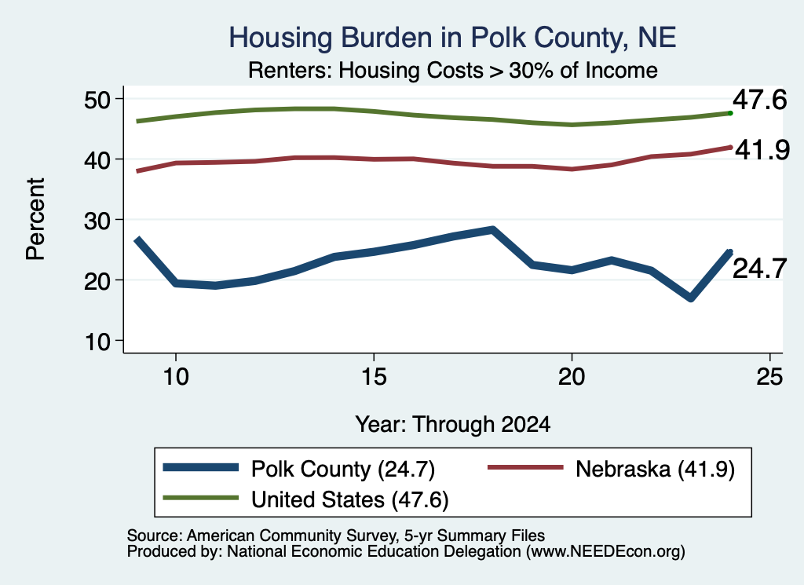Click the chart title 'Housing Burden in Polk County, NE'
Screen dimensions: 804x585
(452, 38)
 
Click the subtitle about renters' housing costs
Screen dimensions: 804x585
(453, 70)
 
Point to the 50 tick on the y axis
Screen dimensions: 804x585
(97, 100)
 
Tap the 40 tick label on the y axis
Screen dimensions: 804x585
(97, 160)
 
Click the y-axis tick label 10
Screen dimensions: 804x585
(97, 342)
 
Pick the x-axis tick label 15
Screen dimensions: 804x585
(374, 377)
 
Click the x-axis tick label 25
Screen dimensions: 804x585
(769, 377)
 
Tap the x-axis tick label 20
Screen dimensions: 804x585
(572, 377)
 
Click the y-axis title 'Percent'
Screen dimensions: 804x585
(35, 219)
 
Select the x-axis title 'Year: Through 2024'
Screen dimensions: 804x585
(453, 425)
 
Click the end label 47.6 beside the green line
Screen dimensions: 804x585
(759, 100)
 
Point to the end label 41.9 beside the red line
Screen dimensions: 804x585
(762, 150)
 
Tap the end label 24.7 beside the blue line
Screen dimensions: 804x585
(759, 268)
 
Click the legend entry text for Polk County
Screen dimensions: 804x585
(343, 469)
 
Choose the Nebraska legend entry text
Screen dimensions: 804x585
(655, 469)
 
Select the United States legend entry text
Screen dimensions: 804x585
(349, 499)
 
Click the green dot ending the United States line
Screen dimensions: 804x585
(730, 113)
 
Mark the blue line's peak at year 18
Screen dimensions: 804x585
(492, 230)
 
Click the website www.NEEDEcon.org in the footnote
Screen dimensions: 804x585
(605, 552)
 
